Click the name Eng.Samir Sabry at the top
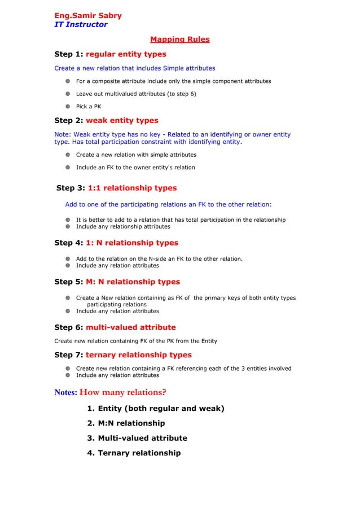(87, 15)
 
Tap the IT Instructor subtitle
(80, 24)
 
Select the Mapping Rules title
(179, 40)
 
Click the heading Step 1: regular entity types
(110, 54)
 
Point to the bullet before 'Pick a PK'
(67, 106)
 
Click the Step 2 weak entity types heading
(106, 120)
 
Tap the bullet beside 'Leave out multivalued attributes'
(67, 94)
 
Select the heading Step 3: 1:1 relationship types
(117, 188)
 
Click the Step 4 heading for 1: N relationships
(116, 243)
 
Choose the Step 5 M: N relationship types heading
(117, 282)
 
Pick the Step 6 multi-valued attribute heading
(115, 327)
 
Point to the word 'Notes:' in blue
(65, 393)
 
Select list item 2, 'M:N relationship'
(126, 423)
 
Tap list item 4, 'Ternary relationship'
(134, 453)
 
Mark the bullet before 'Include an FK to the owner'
(67, 167)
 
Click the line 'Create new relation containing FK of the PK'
(135, 341)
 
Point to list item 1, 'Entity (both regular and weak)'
(155, 408)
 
